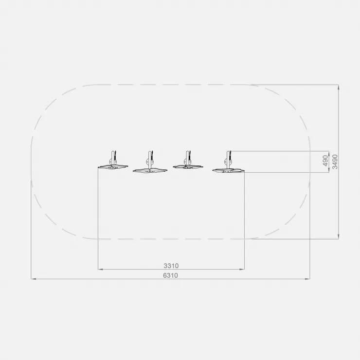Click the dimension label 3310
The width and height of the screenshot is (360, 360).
pos(171,266)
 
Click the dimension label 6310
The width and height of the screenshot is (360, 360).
pos(170,275)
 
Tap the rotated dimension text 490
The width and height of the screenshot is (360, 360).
pos(325,161)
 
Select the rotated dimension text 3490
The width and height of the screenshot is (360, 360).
pos(335,162)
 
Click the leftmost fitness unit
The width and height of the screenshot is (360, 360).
pos(113,161)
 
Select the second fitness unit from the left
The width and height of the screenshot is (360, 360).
pos(150,162)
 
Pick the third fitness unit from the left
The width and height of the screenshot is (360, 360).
pos(188,160)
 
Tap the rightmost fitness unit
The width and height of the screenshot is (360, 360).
pos(228,162)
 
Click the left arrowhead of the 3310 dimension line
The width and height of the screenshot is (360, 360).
pos(100,269)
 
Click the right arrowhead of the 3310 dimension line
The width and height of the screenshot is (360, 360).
pos(242,269)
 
